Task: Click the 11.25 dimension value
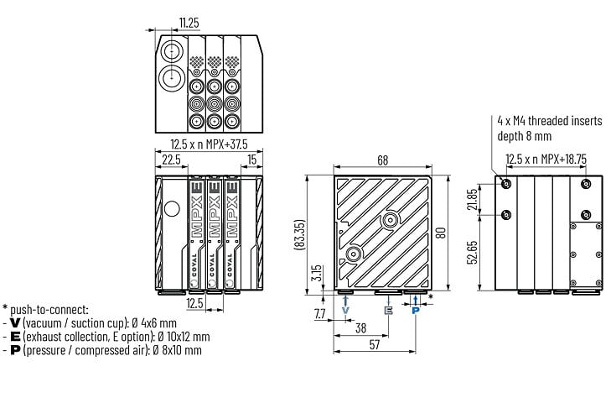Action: (189, 23)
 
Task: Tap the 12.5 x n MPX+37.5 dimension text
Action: (209, 144)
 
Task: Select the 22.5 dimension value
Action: (172, 160)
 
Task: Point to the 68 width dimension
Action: (383, 160)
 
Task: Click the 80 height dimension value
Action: (441, 233)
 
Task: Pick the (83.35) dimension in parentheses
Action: (300, 234)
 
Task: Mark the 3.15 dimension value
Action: (318, 273)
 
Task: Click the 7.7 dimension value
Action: (319, 314)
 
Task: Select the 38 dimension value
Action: (361, 328)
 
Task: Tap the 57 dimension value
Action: (374, 345)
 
